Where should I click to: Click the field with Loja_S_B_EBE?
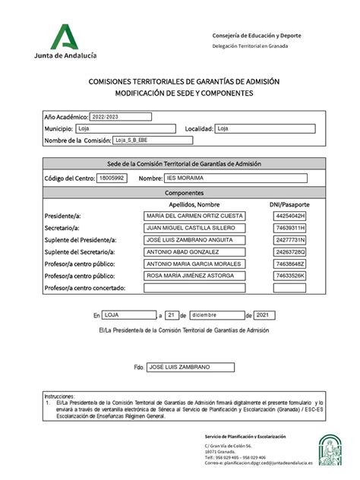(153, 141)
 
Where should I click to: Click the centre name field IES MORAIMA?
(235, 178)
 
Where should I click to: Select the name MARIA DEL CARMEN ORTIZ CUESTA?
(194, 216)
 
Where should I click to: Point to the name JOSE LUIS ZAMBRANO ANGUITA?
(194, 240)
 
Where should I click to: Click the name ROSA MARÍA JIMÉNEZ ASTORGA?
(194, 276)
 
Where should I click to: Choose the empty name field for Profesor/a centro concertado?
(194, 288)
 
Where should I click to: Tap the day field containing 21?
(174, 314)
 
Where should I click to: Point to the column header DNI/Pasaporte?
(289, 204)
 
